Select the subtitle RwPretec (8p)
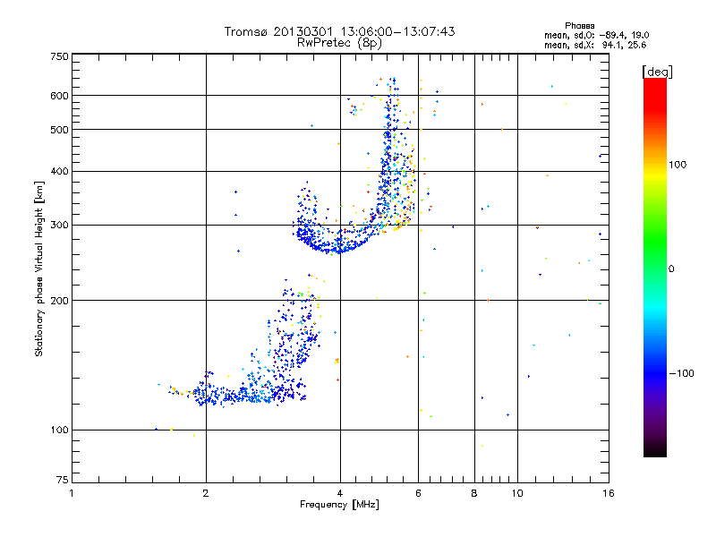(339, 42)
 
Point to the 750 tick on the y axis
(59, 55)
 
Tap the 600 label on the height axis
(59, 95)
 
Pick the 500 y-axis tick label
(59, 129)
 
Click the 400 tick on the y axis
(59, 171)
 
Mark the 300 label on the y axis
(59, 225)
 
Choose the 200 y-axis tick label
(59, 300)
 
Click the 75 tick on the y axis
(62, 483)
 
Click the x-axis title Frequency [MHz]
(339, 505)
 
